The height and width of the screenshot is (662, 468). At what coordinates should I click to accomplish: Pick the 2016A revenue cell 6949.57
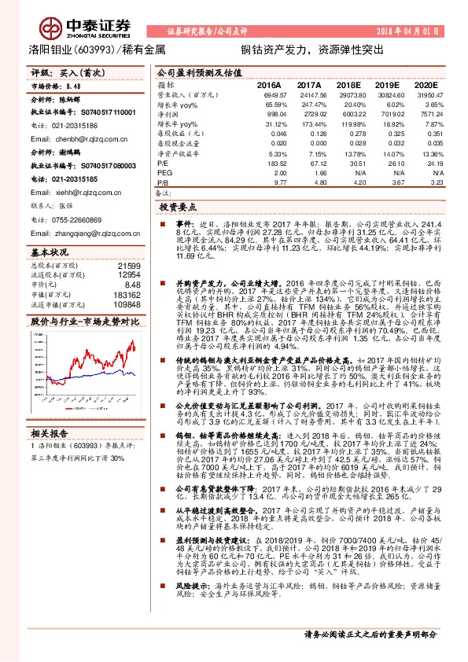(x=267, y=94)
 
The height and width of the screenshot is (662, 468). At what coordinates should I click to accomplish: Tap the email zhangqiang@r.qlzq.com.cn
(x=91, y=233)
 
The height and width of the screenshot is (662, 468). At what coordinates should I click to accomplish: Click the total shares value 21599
(x=129, y=267)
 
